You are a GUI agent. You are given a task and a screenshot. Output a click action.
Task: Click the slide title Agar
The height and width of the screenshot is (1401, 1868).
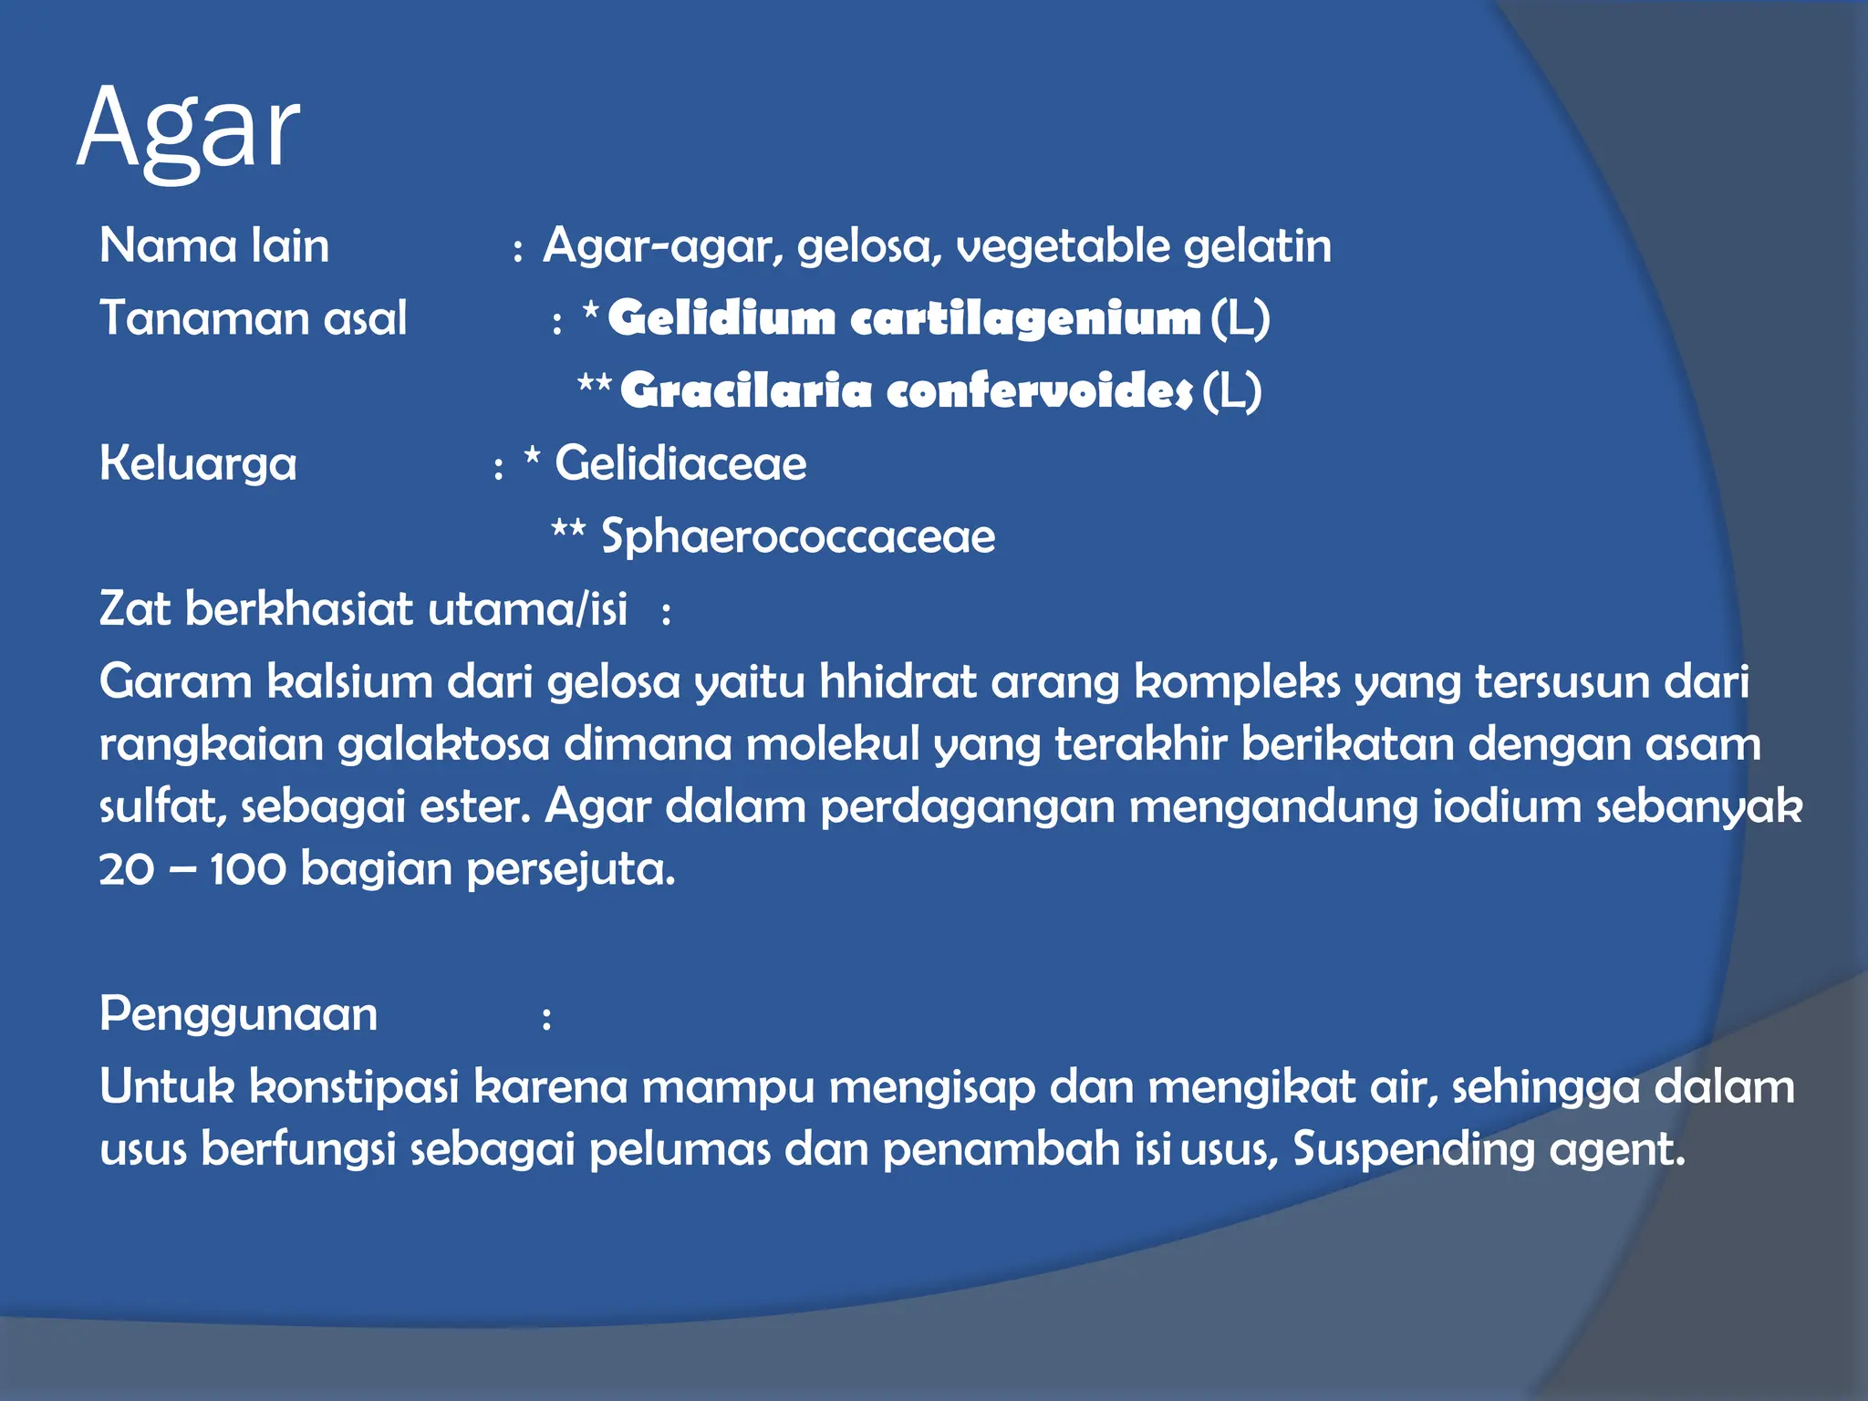click(188, 130)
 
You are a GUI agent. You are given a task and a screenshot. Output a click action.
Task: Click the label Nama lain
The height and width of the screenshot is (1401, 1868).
click(214, 246)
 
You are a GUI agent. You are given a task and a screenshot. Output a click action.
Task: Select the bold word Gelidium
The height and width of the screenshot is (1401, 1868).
click(721, 318)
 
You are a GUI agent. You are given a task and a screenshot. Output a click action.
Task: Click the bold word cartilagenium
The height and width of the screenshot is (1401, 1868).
click(1025, 318)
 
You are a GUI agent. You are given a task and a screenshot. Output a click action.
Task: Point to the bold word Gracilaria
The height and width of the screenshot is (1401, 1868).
click(745, 391)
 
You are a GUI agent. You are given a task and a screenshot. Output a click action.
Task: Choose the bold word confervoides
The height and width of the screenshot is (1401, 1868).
click(1039, 391)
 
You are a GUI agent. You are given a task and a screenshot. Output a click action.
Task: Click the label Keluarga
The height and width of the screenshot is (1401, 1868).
click(198, 463)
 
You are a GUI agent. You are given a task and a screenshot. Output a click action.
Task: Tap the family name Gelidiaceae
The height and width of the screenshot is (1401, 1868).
click(680, 463)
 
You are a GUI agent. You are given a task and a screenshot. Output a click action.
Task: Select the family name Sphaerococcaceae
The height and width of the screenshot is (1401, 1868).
click(798, 536)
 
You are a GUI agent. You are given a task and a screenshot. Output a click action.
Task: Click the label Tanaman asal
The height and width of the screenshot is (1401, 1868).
click(253, 318)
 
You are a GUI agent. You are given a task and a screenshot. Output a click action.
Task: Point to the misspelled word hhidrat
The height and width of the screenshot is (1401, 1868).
click(898, 682)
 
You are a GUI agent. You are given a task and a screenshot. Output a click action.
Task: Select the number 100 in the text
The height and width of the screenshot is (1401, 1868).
click(247, 869)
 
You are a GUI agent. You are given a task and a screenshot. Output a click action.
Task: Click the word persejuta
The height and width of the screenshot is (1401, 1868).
click(571, 869)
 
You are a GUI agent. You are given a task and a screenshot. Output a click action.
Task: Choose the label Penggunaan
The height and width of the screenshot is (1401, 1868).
click(238, 1014)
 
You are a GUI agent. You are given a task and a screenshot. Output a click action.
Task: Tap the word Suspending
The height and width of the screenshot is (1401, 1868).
click(1414, 1149)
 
